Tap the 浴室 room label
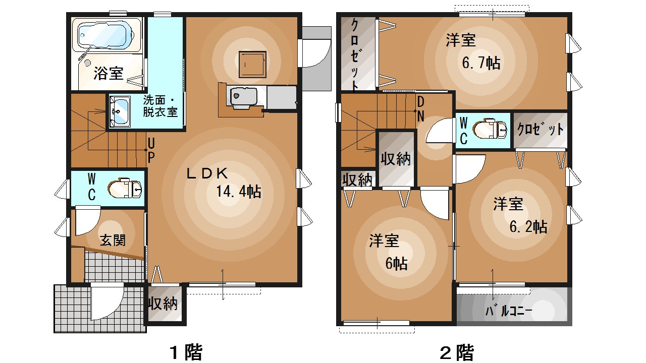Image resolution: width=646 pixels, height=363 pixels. tap(109, 74)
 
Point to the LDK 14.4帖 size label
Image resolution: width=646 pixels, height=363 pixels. tap(238, 192)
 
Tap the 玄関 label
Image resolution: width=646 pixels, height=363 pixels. tap(112, 240)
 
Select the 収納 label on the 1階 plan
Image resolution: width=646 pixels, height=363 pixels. tap(163, 304)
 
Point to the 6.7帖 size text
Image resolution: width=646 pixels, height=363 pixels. tap(481, 63)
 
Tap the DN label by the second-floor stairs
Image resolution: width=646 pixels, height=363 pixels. tap(420, 108)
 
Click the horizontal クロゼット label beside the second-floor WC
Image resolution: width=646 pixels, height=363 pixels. tap(540, 130)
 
